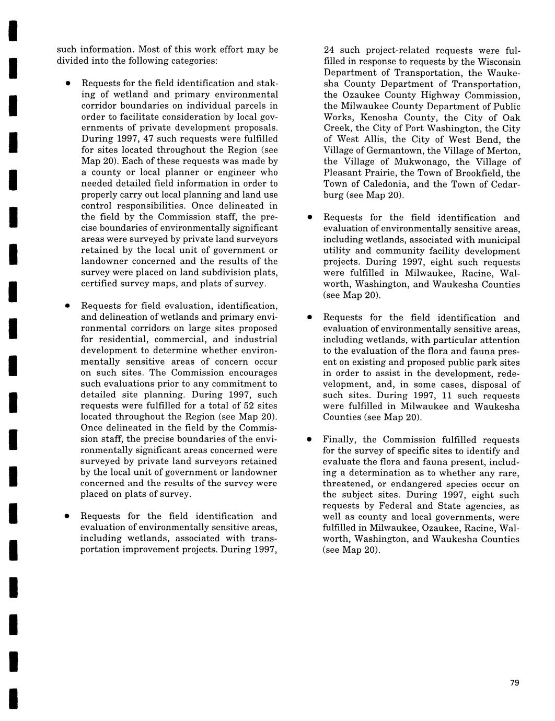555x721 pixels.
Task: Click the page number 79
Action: pos(514,683)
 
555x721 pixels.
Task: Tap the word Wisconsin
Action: pos(499,62)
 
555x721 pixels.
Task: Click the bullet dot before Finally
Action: pos(309,439)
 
